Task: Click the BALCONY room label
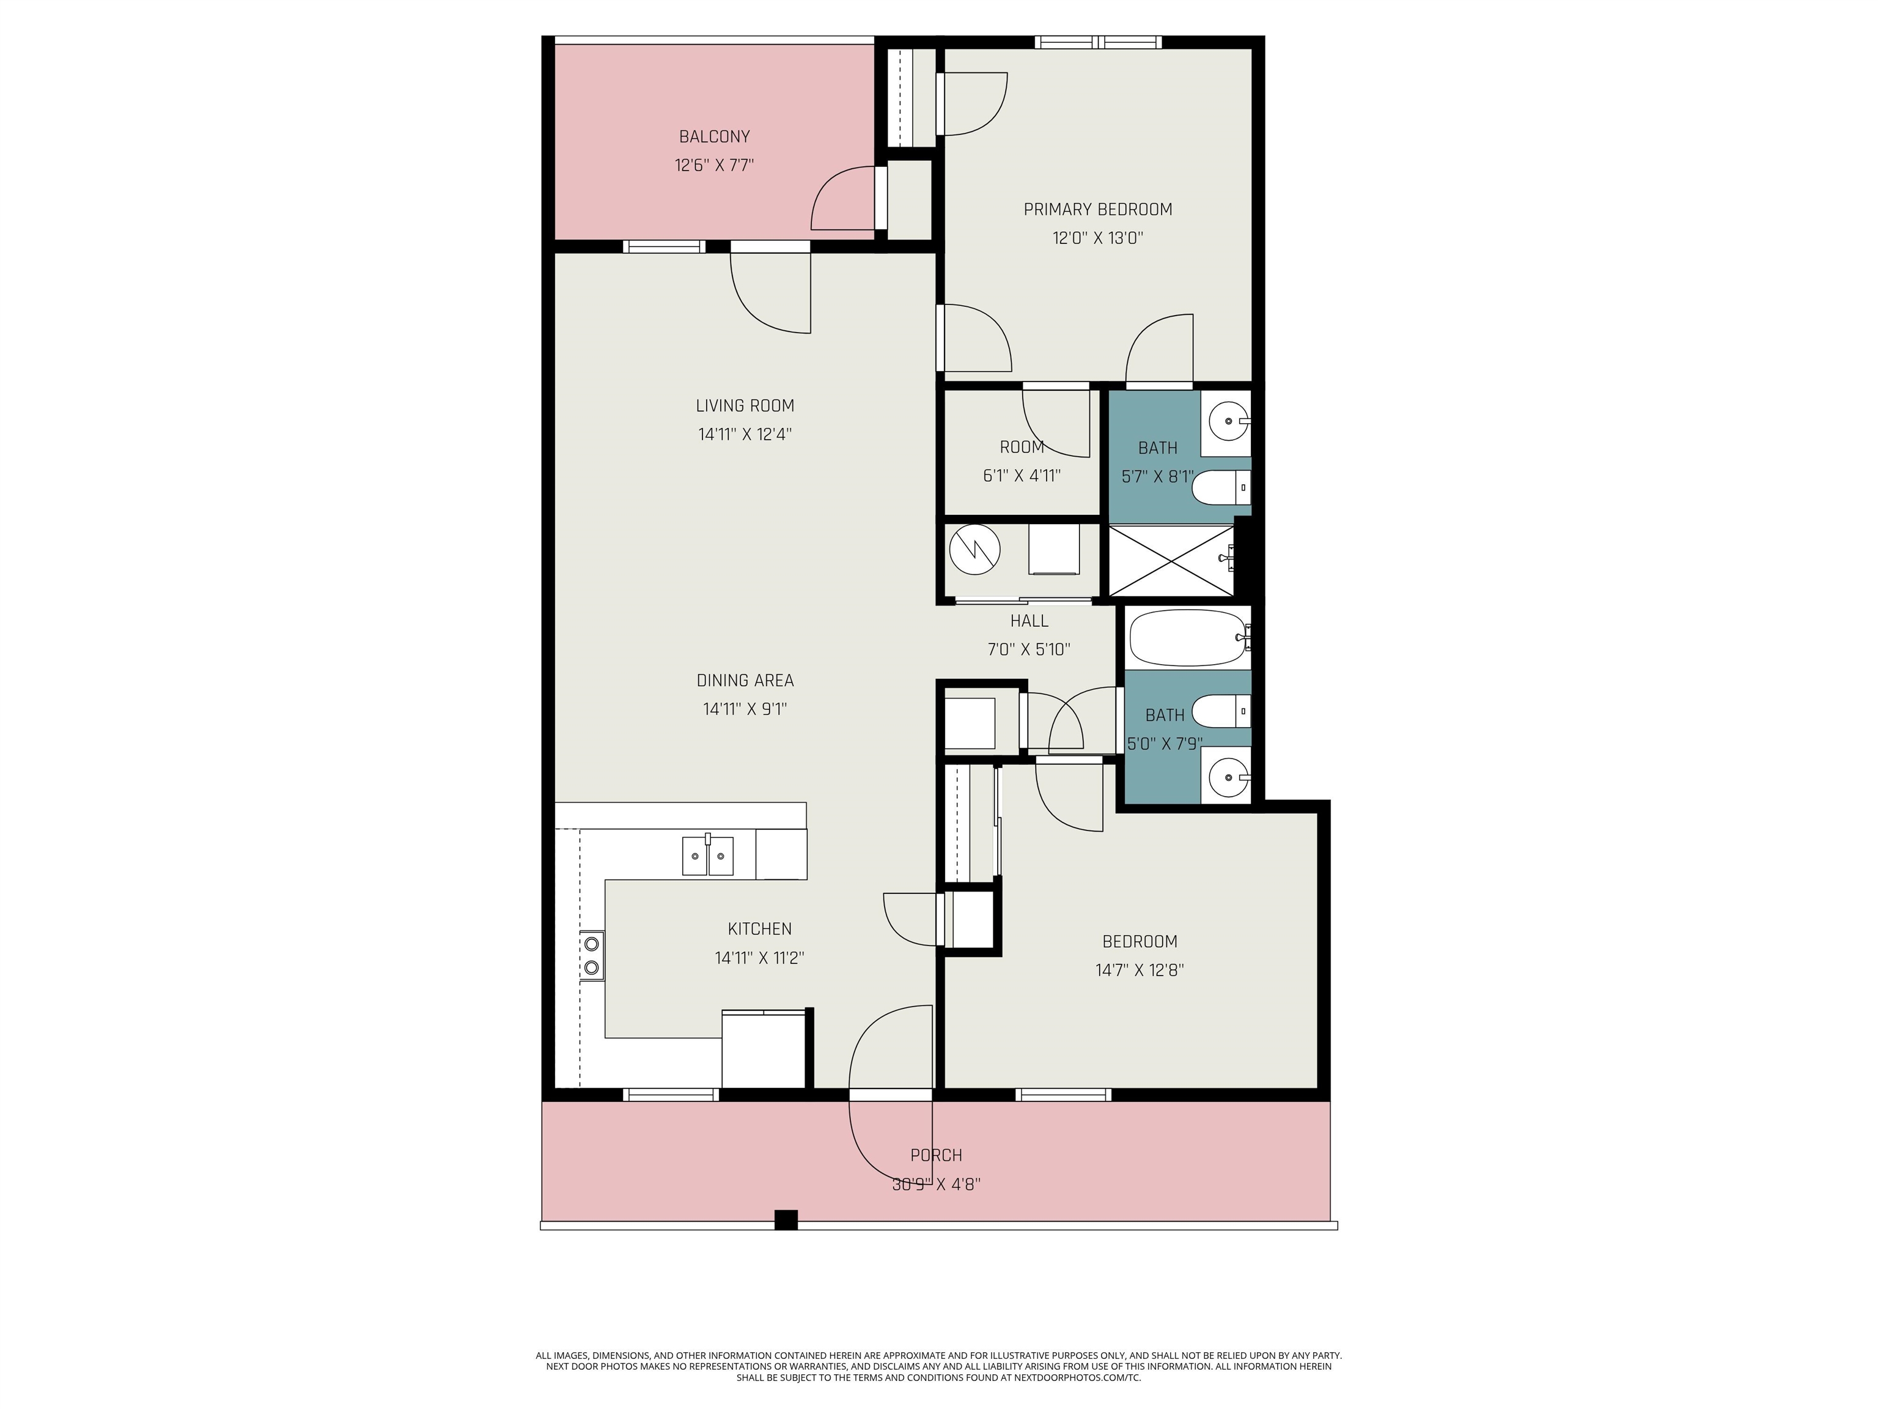[x=714, y=136]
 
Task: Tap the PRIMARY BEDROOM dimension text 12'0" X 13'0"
[x=1098, y=238]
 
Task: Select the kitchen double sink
[x=707, y=856]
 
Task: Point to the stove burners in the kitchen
[x=592, y=955]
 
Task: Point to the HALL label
[x=1029, y=621]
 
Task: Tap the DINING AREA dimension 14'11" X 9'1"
[x=745, y=708]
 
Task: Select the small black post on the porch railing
[x=786, y=1219]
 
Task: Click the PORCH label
[x=935, y=1155]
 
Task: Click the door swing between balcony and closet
[x=843, y=199]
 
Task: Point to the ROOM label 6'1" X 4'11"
[x=1022, y=448]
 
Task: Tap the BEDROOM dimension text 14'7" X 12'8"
[x=1140, y=970]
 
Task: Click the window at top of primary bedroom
[x=1098, y=42]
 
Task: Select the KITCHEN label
[x=759, y=929]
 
